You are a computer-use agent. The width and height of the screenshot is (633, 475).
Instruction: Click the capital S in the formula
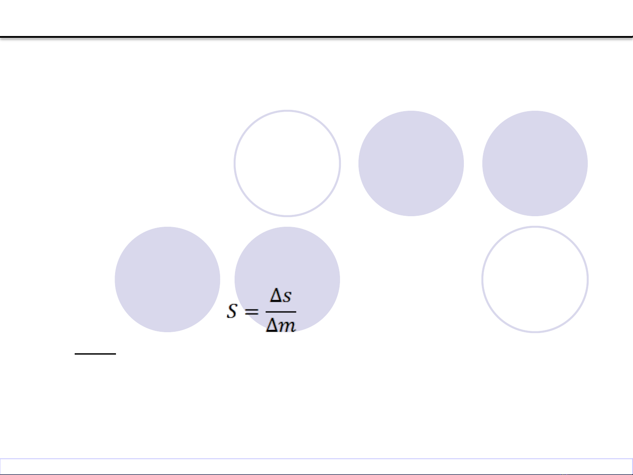click(232, 311)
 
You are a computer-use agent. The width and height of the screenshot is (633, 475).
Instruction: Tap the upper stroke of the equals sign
click(251, 309)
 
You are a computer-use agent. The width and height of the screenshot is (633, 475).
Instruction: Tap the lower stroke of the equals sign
click(251, 313)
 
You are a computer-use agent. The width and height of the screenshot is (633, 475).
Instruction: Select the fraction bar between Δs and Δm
click(281, 312)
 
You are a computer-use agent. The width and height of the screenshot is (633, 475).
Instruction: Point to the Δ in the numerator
click(276, 295)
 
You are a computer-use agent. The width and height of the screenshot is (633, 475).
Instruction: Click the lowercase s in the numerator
click(287, 297)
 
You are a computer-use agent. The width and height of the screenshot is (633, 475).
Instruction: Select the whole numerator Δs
click(281, 295)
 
